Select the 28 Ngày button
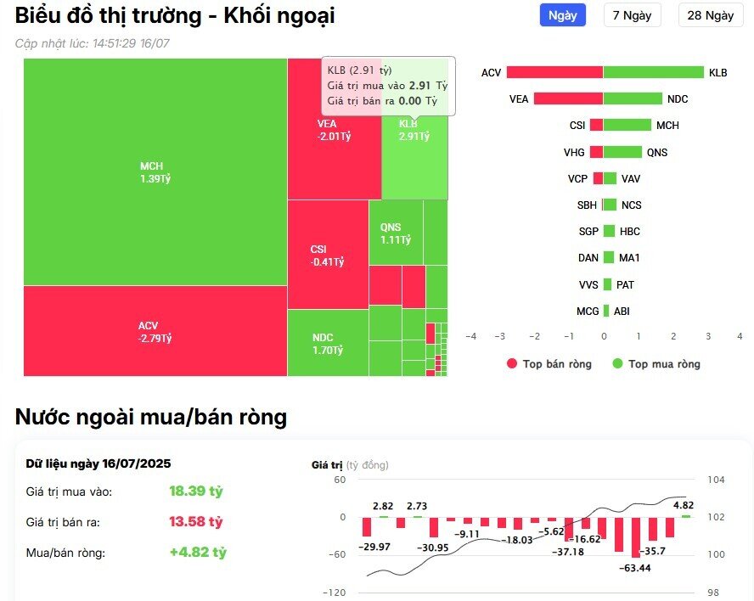click(710, 15)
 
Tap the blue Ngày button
click(563, 15)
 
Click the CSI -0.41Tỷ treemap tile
click(327, 255)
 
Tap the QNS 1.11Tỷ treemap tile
click(395, 233)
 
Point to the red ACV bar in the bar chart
click(555, 73)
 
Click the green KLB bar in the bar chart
click(653, 73)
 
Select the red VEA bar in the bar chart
click(568, 99)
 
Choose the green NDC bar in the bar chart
click(633, 99)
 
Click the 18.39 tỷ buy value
click(196, 491)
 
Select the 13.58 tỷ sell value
click(196, 522)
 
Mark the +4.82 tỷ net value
click(198, 553)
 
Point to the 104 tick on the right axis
click(716, 480)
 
